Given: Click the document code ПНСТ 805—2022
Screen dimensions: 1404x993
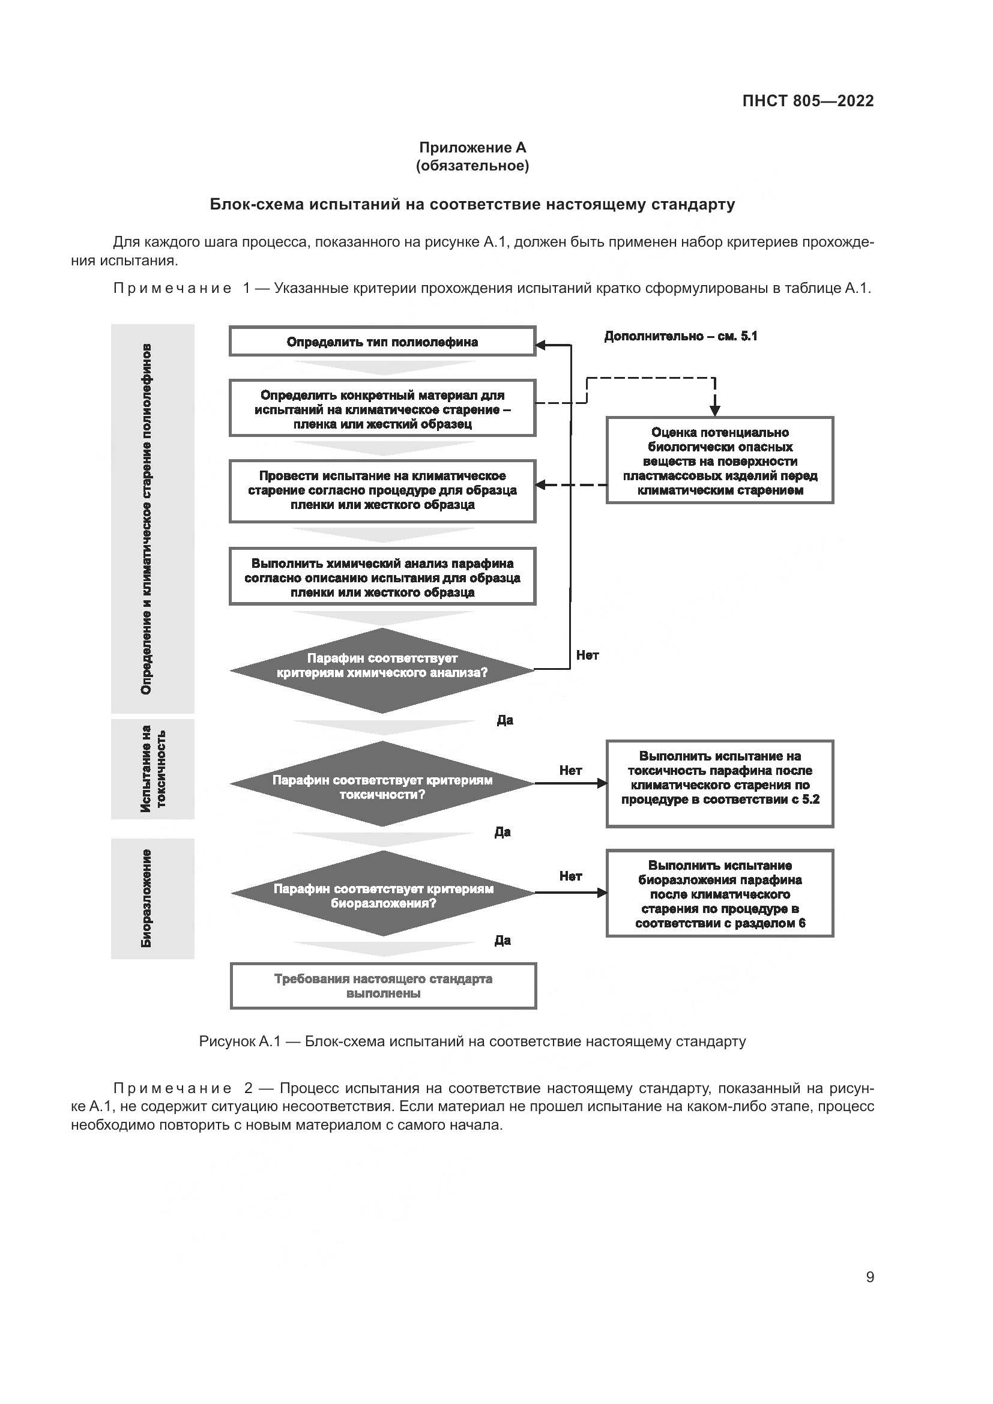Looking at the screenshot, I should (x=807, y=101).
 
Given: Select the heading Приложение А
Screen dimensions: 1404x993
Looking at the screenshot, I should (x=472, y=148).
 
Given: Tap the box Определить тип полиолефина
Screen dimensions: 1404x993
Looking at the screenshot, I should (x=382, y=341).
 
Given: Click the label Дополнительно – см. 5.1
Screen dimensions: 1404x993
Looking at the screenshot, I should (x=681, y=336).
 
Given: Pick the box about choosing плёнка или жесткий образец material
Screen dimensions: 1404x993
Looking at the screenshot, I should (x=382, y=409).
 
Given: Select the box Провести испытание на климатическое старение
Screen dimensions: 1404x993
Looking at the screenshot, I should (x=382, y=490).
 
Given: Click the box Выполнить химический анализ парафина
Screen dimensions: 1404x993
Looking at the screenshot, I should (x=382, y=577).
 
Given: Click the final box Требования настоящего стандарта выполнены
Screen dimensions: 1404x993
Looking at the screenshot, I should (x=384, y=986).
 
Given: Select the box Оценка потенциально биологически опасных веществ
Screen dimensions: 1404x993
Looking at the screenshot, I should (x=720, y=461).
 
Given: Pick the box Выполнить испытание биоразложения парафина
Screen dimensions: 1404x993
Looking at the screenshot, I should (x=720, y=894).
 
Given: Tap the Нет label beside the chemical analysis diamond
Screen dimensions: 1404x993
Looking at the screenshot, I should (x=587, y=655).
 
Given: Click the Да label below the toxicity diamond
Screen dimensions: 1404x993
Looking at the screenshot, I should (x=503, y=831).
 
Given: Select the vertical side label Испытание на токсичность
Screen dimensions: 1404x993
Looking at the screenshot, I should (x=153, y=769).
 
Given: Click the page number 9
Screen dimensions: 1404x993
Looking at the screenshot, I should (x=869, y=1277).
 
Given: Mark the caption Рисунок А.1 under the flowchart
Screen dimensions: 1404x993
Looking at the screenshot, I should (x=472, y=1041).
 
